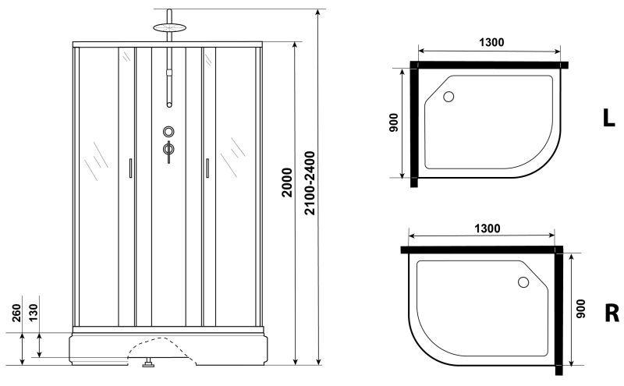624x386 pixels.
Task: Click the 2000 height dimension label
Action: [x=287, y=184]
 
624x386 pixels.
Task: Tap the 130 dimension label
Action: [x=35, y=312]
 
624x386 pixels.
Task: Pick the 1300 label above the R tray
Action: [x=485, y=228]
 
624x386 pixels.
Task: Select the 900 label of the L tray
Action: [x=394, y=123]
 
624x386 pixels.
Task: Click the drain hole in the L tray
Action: [x=448, y=97]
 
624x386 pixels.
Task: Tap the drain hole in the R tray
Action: [x=524, y=282]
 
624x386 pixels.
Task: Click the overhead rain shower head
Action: [x=169, y=27]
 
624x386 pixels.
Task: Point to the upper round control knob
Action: [x=169, y=133]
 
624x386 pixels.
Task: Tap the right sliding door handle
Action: [x=207, y=169]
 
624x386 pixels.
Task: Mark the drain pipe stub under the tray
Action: [x=146, y=362]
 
